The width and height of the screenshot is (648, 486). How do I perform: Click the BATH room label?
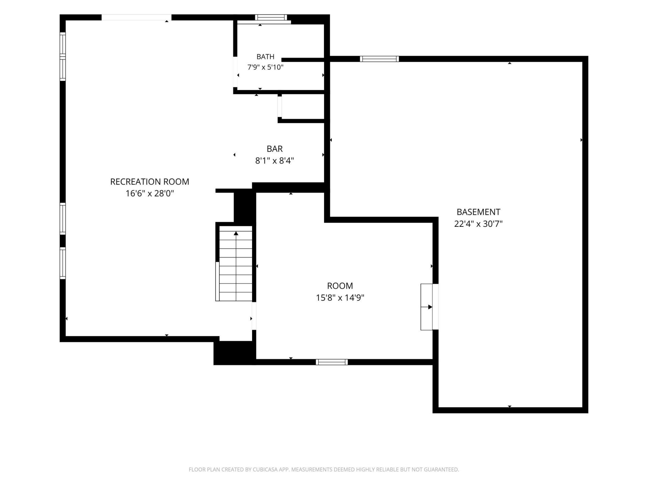pos(265,57)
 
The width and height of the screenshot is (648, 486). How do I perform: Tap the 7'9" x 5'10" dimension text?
pos(265,67)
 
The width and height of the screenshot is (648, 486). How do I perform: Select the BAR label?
pos(275,149)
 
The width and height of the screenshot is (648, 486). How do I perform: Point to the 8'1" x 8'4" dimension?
pos(275,161)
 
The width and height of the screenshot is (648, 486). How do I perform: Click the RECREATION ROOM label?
pos(150,182)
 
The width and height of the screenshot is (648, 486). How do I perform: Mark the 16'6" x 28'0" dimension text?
pos(150,193)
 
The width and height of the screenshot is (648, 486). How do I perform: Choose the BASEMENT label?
pos(478,212)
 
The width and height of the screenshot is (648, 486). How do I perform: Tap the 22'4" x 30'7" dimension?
pos(478,224)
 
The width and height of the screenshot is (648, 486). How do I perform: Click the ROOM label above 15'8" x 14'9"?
pos(340,286)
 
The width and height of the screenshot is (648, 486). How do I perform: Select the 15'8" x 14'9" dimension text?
pos(340,298)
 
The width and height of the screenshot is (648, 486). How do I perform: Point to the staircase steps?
pos(236,263)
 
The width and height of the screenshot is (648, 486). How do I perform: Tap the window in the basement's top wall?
pos(379,59)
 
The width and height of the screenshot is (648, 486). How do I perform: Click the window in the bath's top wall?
pos(271,18)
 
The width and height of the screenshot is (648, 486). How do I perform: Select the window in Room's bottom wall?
pos(332,362)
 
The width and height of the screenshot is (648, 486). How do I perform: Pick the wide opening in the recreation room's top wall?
pos(136,17)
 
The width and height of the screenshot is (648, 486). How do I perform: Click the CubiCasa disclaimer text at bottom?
pos(324,469)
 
